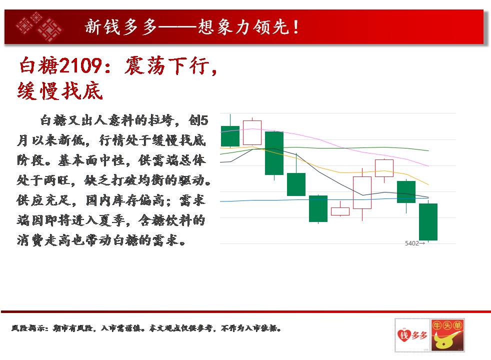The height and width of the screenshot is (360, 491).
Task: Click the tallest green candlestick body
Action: pyautogui.click(x=274, y=153)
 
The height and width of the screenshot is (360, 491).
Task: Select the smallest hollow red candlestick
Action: pyautogui.click(x=340, y=211)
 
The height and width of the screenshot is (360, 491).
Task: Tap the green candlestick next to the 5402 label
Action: pyautogui.click(x=428, y=222)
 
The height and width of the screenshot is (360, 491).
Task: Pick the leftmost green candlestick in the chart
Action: pyautogui.click(x=230, y=136)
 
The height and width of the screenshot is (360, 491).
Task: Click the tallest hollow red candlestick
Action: pyautogui.click(x=362, y=192)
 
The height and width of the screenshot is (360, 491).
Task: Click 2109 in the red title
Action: pyautogui.click(x=80, y=65)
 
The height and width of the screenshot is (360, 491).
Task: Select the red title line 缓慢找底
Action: pyautogui.click(x=60, y=91)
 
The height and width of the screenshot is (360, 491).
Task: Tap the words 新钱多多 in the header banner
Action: pyautogui.click(x=120, y=26)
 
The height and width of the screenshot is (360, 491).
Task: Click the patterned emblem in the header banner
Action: pyautogui.click(x=39, y=26)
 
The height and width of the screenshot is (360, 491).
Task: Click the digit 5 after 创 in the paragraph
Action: pyautogui.click(x=204, y=120)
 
